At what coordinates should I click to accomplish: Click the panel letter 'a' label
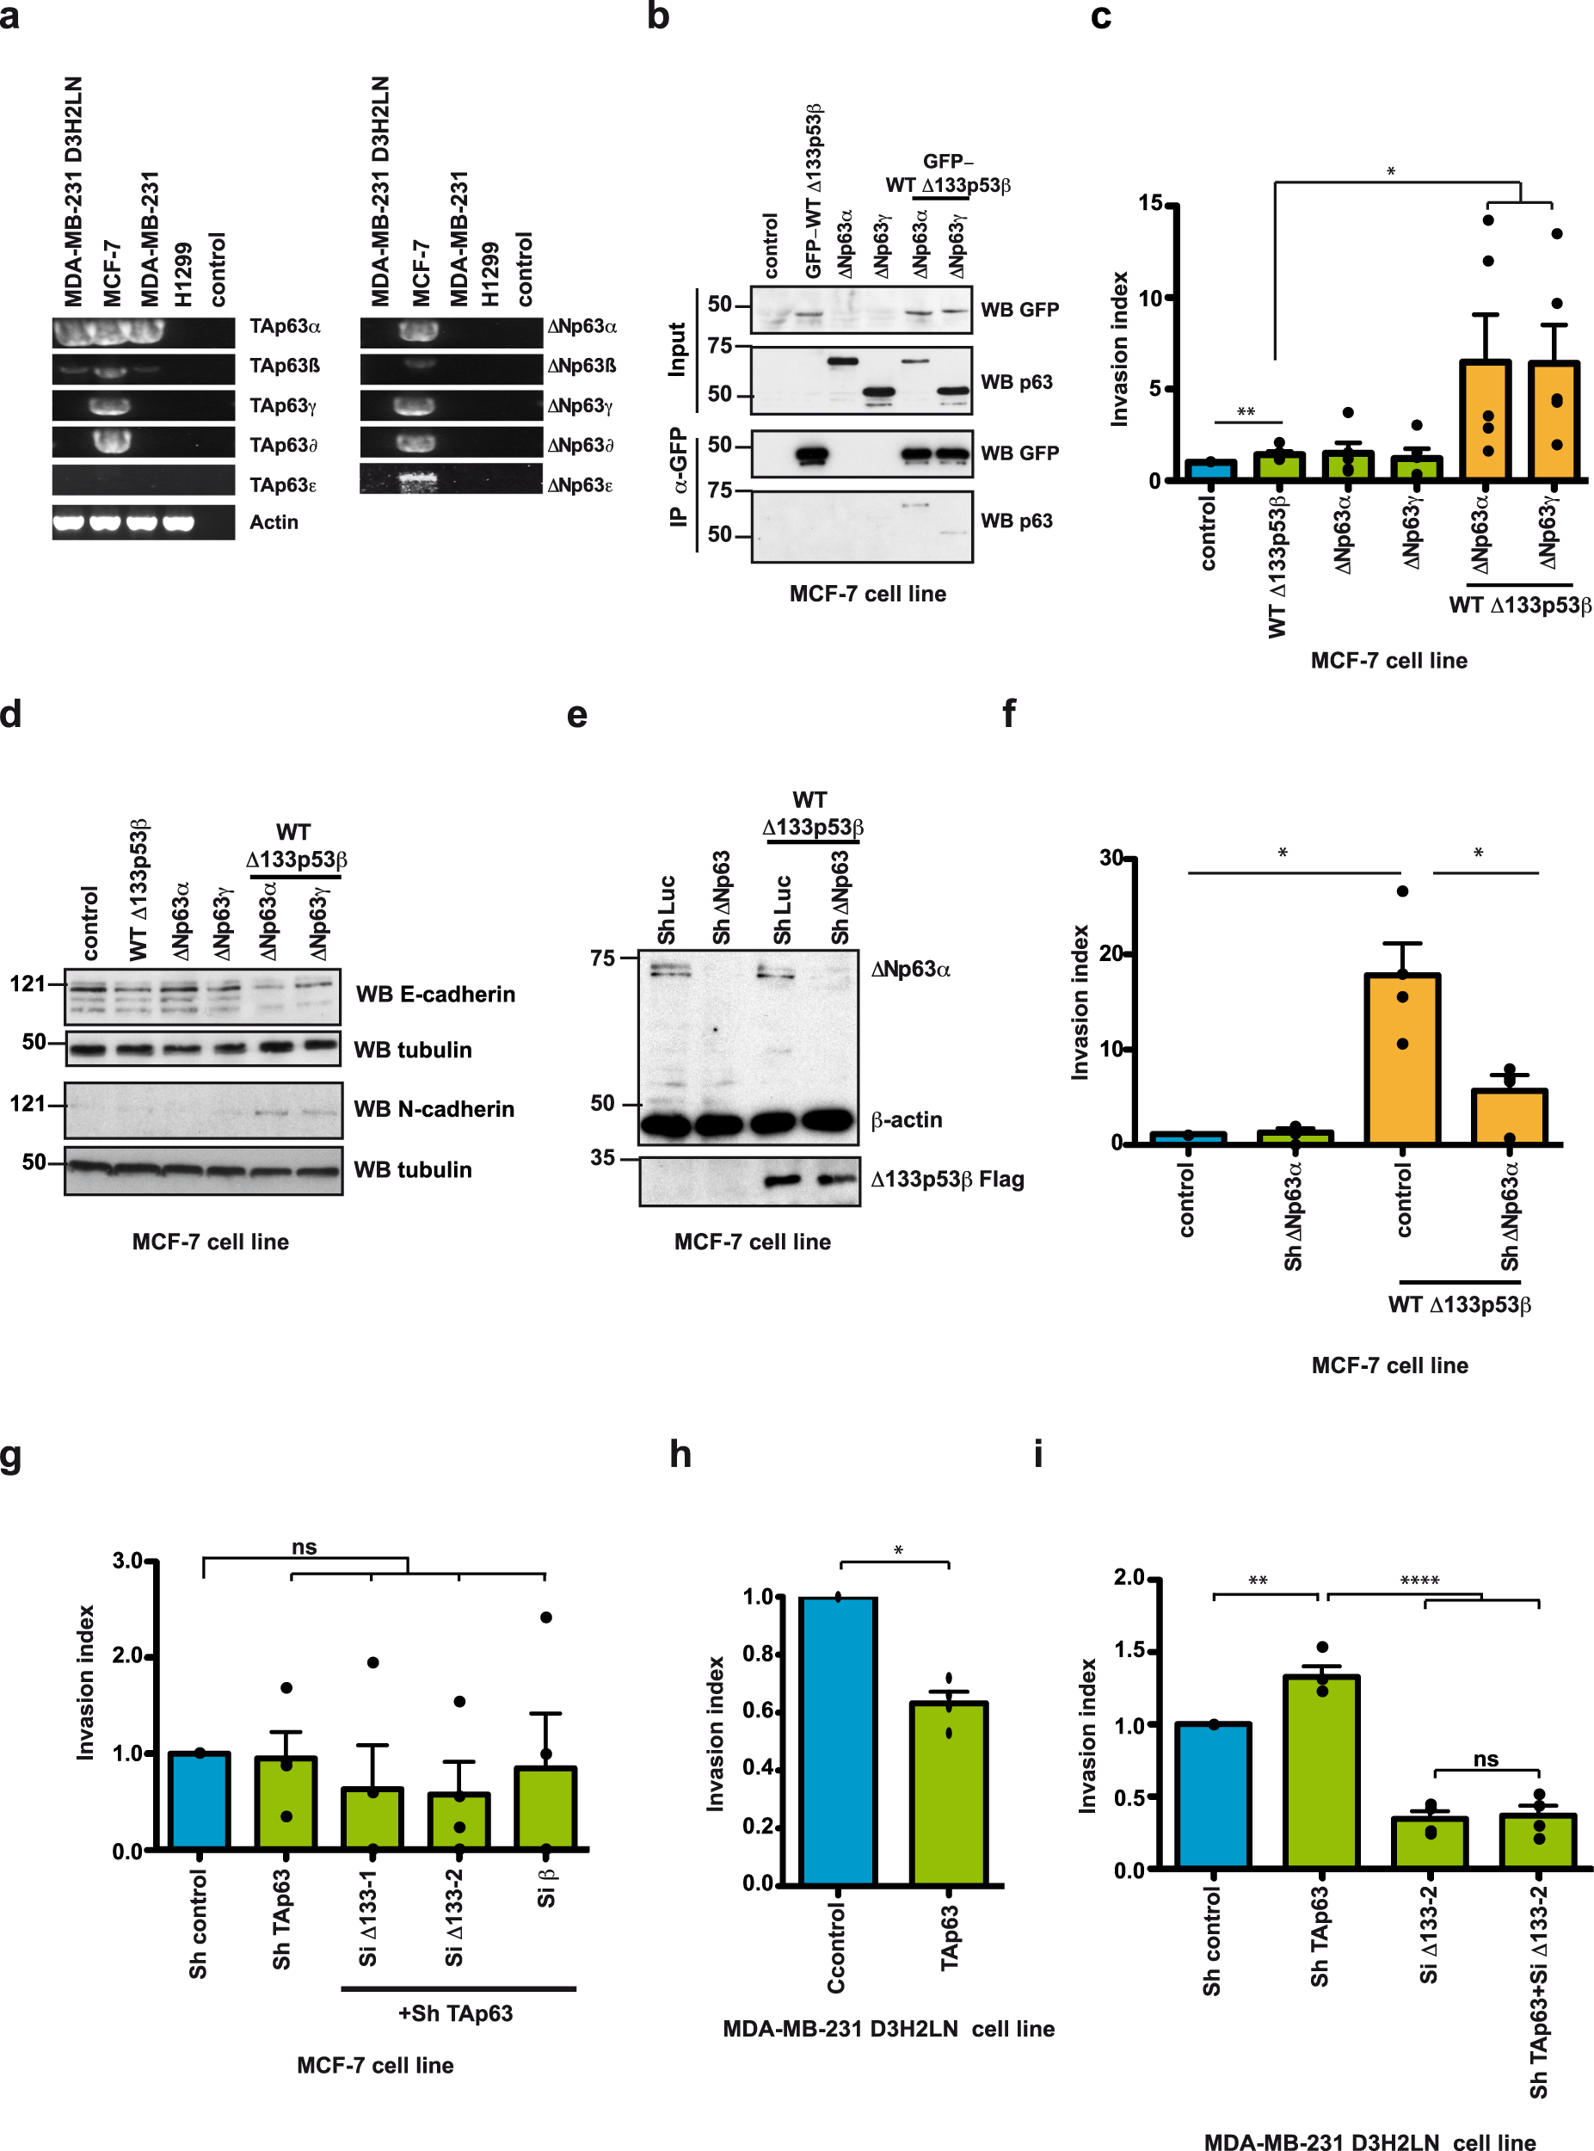point(9,16)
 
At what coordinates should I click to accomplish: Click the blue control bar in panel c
point(1210,470)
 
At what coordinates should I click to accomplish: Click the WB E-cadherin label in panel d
point(435,994)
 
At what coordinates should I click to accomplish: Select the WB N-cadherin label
point(434,1109)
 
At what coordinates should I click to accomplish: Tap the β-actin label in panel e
point(906,1119)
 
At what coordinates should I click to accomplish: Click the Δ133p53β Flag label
point(946,1180)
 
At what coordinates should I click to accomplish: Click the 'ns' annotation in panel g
point(304,1547)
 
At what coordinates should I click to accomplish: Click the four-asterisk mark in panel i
point(1419,1581)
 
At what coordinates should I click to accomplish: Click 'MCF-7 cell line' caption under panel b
point(866,594)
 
